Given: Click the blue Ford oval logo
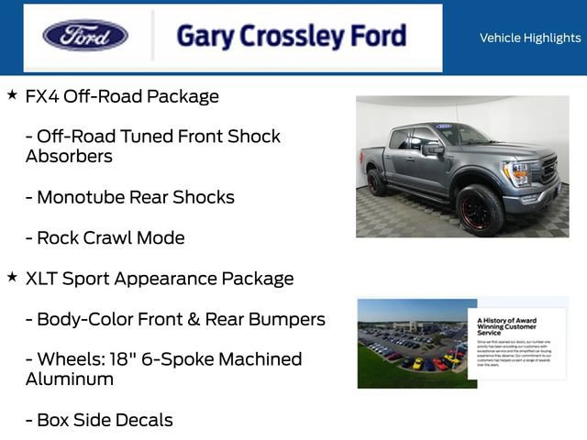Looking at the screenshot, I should click(85, 36).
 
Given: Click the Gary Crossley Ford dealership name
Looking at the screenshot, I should click(291, 37).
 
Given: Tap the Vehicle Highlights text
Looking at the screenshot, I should click(529, 38).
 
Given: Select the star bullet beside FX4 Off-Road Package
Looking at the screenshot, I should click(12, 94).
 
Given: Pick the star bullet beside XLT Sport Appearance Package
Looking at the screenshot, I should click(12, 276).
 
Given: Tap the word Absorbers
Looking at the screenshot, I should click(69, 156).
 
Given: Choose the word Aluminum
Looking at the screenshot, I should click(70, 379).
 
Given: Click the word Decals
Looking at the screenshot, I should click(143, 420).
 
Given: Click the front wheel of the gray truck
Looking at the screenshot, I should click(481, 209).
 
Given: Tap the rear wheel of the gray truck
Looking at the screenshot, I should click(377, 181).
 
